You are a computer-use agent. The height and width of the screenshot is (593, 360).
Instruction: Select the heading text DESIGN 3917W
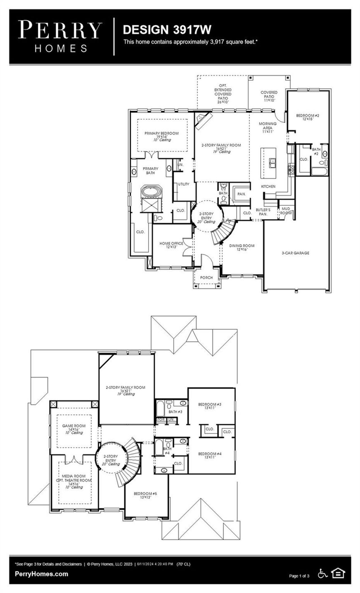pos(167,30)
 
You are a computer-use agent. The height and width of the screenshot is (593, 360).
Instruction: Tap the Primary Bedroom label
pos(162,135)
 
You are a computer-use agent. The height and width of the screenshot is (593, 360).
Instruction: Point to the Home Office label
pos(171,245)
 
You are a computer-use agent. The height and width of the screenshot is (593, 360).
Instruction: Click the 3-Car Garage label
pos(295,253)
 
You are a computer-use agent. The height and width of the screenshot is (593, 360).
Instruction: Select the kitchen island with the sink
pos(269,163)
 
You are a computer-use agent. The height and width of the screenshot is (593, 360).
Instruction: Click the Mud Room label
pos(286,211)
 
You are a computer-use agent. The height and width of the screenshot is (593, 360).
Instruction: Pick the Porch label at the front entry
pos(206,278)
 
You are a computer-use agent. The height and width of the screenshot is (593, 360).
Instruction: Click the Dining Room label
pos(242,247)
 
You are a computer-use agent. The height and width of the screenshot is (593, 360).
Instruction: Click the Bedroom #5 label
pos(145,495)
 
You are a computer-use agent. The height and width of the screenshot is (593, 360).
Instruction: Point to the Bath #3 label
pos(175,412)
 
